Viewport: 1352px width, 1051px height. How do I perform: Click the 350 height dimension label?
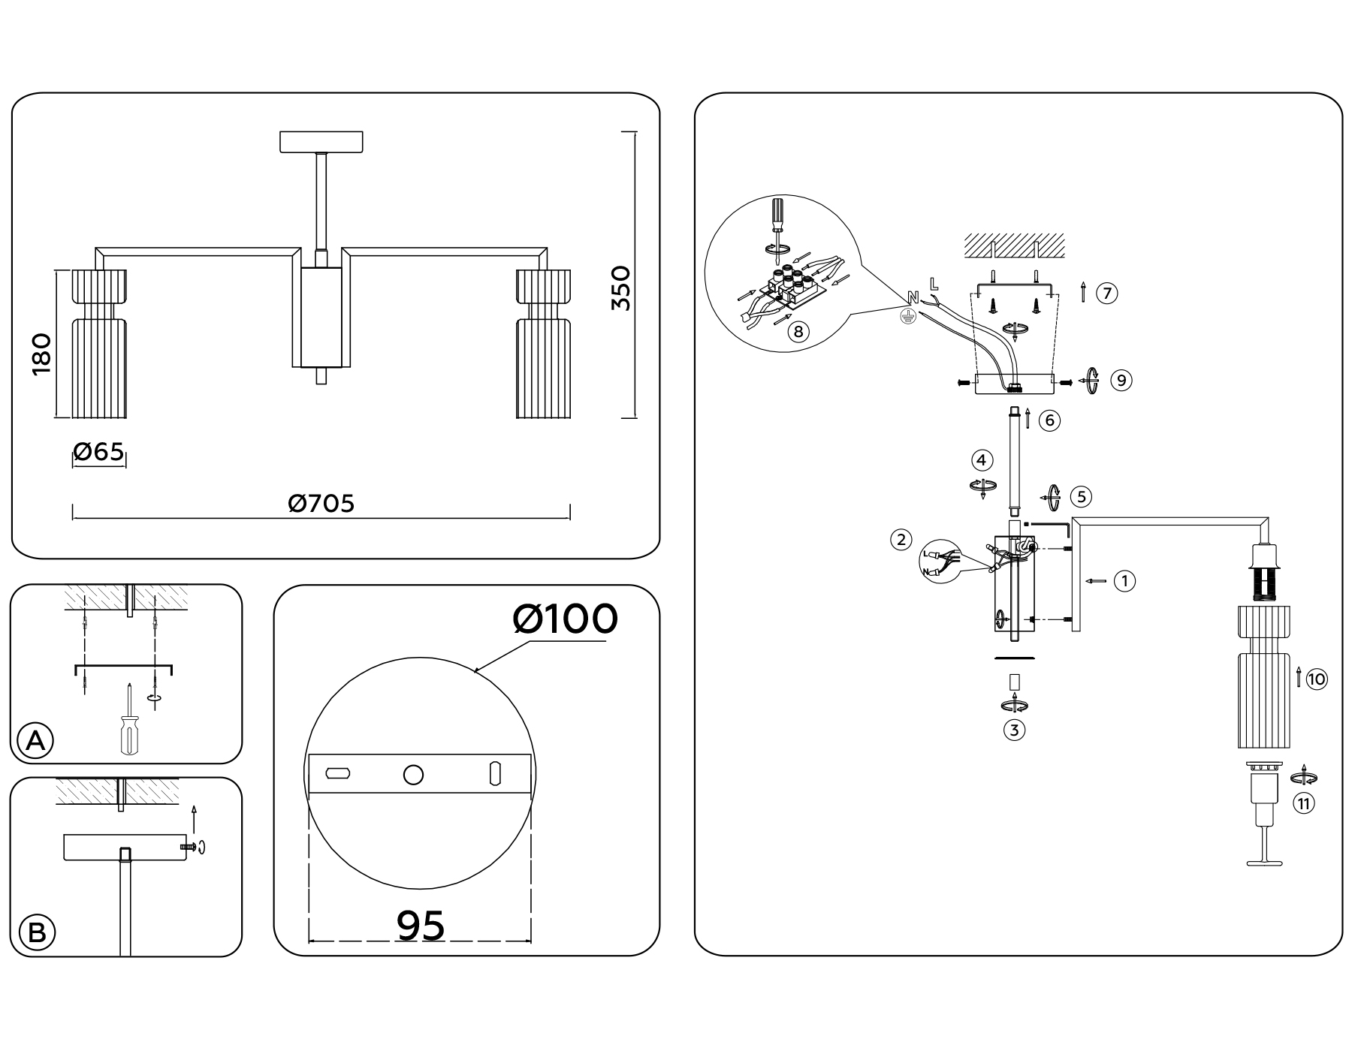coord(620,288)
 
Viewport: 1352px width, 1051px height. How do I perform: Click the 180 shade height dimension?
coord(41,354)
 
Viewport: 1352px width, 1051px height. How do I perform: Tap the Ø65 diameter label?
coord(98,452)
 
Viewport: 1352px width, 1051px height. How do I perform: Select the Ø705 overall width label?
coord(321,503)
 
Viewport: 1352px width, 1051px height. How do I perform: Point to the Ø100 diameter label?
coord(565,619)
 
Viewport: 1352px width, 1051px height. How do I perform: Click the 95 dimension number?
coord(421,925)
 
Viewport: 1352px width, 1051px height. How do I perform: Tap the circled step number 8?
coord(798,331)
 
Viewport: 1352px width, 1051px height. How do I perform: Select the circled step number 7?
coord(1106,293)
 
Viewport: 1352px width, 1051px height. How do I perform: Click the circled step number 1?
coord(1124,580)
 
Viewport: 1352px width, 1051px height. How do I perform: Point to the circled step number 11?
coord(1303,804)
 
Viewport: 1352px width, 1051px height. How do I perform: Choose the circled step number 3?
coord(1014,730)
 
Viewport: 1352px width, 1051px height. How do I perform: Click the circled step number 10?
coord(1317,679)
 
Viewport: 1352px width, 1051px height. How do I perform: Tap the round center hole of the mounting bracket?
coord(413,775)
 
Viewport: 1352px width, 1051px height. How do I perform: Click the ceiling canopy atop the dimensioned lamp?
coord(321,142)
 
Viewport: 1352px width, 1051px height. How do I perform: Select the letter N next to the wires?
coord(913,297)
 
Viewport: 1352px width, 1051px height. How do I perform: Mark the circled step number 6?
coord(1049,420)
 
